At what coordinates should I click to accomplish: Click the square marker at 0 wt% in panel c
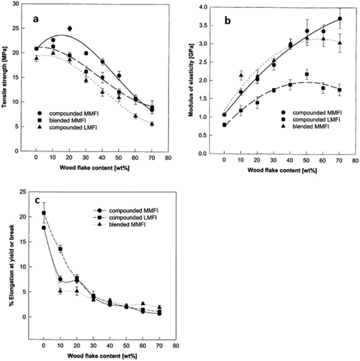(44, 213)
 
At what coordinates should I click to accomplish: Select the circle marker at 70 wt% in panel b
(340, 19)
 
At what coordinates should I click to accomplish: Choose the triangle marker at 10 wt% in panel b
(241, 75)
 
